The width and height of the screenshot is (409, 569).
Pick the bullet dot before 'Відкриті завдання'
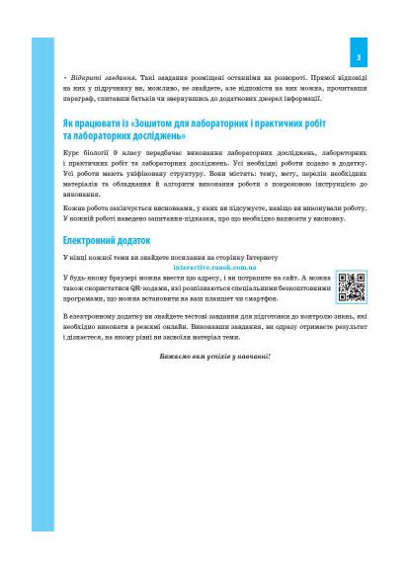[x=63, y=76]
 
